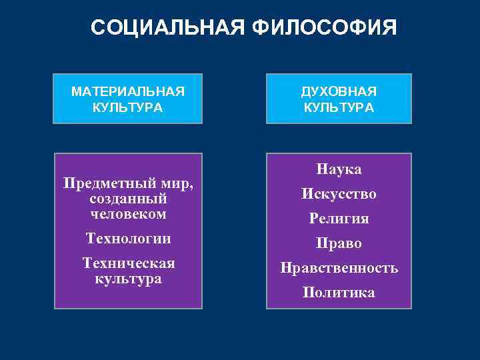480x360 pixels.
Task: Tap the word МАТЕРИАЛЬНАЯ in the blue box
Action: pyautogui.click(x=128, y=91)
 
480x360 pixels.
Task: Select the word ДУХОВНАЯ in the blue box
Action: pyautogui.click(x=339, y=91)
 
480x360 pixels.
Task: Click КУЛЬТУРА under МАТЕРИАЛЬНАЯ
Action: pyautogui.click(x=128, y=107)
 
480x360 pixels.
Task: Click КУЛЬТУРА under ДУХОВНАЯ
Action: pyautogui.click(x=339, y=107)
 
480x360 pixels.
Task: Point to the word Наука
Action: pyautogui.click(x=339, y=169)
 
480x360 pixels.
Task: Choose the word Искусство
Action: pyautogui.click(x=339, y=194)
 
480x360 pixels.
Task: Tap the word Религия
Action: pyautogui.click(x=339, y=219)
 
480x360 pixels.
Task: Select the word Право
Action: pyautogui.click(x=339, y=243)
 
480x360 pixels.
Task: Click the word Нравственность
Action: pyautogui.click(x=339, y=268)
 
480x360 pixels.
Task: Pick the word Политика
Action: pyautogui.click(x=339, y=293)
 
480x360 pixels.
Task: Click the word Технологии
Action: pyautogui.click(x=129, y=239)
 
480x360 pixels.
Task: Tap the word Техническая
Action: pyautogui.click(x=129, y=263)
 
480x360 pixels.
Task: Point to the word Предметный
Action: pyautogui.click(x=111, y=183)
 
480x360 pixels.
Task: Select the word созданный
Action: pyautogui.click(x=127, y=199)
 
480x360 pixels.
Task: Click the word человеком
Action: pyautogui.click(x=127, y=215)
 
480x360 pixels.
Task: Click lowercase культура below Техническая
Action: pyautogui.click(x=127, y=279)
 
